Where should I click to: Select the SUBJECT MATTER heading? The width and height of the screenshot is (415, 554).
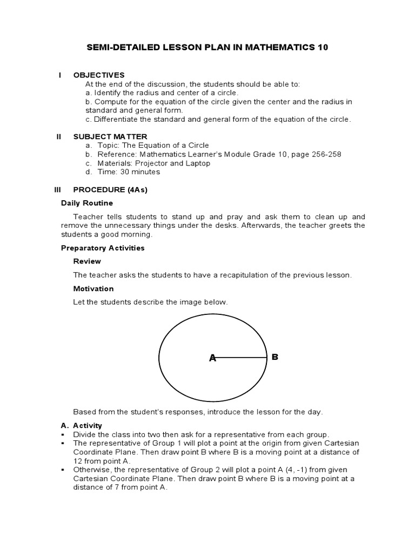(x=110, y=137)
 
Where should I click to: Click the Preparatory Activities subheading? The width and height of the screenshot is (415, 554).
(x=103, y=248)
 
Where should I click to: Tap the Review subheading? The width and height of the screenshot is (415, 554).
(x=87, y=261)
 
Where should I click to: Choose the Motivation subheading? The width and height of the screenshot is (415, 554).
(x=93, y=288)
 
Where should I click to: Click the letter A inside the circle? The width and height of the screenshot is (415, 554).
(x=212, y=358)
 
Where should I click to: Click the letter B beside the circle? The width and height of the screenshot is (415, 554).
(x=275, y=357)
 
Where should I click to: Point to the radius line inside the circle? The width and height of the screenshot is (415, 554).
(x=240, y=358)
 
